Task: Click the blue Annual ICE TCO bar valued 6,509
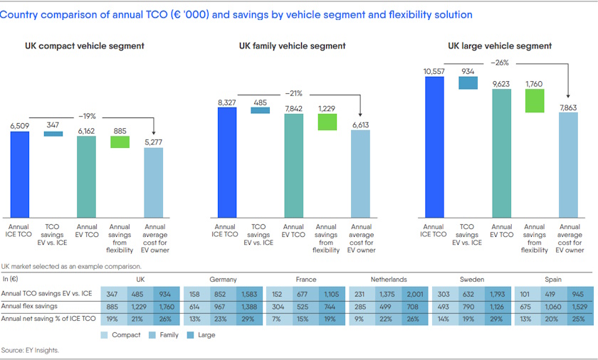coord(20,174)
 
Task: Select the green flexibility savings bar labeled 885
coord(120,142)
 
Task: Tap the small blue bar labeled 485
coord(261,110)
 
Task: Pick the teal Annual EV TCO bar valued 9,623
coord(501,152)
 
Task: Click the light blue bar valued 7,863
coord(568,164)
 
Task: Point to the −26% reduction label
coord(500,63)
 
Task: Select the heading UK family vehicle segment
coord(292,46)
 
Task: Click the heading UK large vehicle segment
coord(500,46)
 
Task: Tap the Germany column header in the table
coord(223,280)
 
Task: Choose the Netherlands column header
coord(389,280)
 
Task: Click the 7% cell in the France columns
coord(278,319)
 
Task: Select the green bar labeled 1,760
coord(535,101)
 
